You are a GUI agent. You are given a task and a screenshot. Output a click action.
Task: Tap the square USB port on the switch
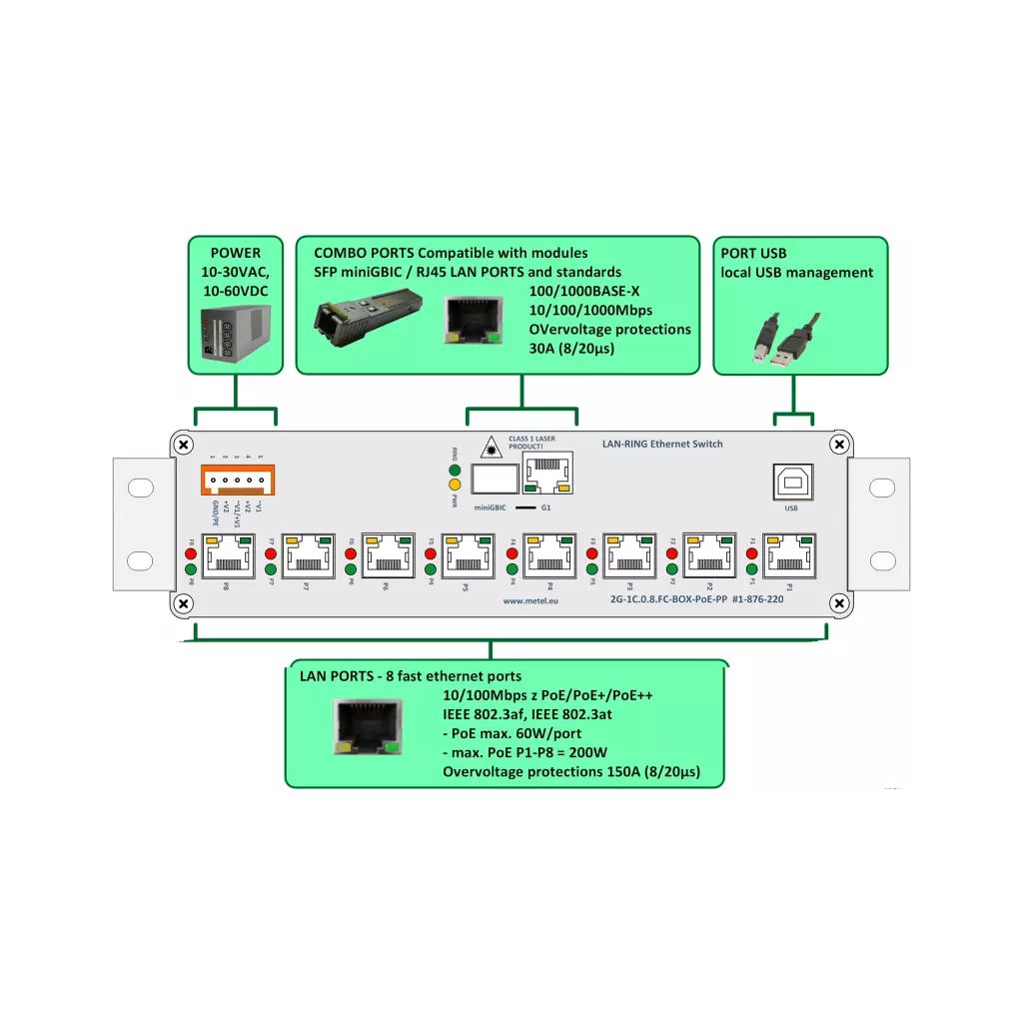point(791,482)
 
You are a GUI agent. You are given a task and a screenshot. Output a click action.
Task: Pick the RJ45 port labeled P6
point(386,555)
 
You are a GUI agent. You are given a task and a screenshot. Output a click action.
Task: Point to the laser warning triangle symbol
point(492,448)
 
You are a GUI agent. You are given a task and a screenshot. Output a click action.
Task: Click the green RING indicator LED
point(455,470)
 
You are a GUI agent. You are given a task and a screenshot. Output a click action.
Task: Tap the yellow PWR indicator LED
point(455,485)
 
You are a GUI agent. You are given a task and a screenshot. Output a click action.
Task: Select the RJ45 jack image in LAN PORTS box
point(371,726)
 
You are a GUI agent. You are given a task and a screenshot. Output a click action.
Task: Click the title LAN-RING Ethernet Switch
point(662,444)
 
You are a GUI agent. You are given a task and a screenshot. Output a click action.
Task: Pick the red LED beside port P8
point(190,552)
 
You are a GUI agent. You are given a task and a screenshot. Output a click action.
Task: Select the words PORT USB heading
point(753,254)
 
